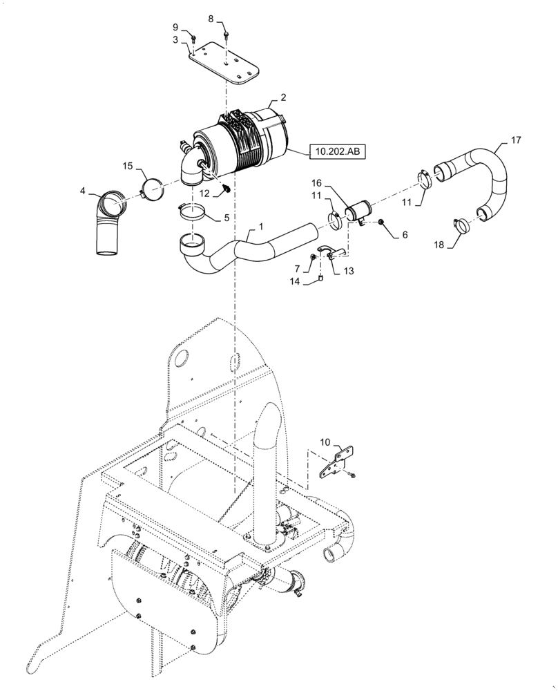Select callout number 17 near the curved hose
[x=516, y=140]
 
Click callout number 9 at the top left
[x=175, y=28]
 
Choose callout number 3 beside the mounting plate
[x=175, y=41]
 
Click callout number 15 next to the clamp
[x=127, y=165]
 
